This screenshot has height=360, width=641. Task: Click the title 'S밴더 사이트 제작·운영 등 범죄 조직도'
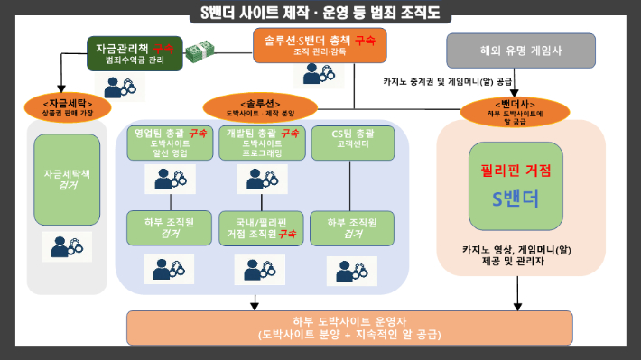coord(320,13)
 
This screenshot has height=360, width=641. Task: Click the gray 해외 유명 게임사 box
coord(521,51)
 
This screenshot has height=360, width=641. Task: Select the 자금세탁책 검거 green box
coord(66,180)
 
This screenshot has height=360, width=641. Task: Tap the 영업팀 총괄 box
coord(170,143)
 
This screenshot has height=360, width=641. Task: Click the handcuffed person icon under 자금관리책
coord(121,87)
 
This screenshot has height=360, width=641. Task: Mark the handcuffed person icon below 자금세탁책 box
coord(67,247)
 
